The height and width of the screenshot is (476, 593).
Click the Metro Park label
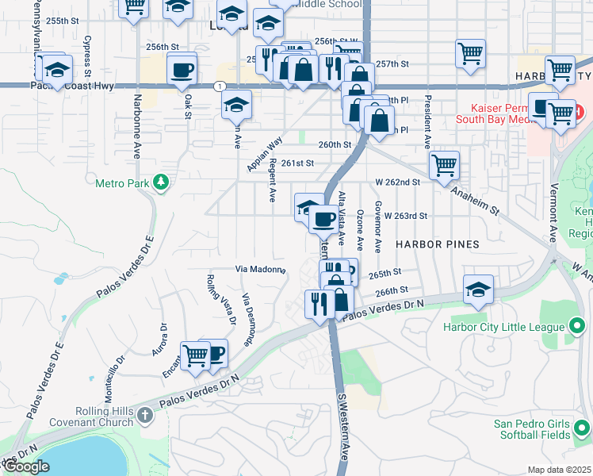[122, 183]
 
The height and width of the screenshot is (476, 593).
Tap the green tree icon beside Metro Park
[161, 183]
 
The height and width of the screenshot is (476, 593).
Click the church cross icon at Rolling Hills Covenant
[145, 414]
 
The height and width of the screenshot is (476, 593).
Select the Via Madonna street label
[260, 269]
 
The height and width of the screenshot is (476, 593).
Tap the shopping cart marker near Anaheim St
[445, 166]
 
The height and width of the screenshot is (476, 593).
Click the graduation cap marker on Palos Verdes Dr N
[479, 289]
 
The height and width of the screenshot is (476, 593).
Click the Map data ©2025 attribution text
[559, 470]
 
